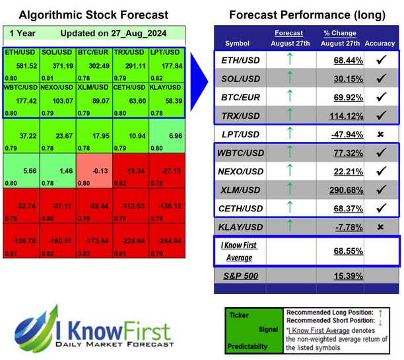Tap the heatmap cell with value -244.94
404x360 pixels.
click(166, 242)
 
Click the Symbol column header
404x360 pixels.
click(238, 44)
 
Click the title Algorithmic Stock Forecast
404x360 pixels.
click(93, 14)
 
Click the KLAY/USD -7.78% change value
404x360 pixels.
click(339, 227)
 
